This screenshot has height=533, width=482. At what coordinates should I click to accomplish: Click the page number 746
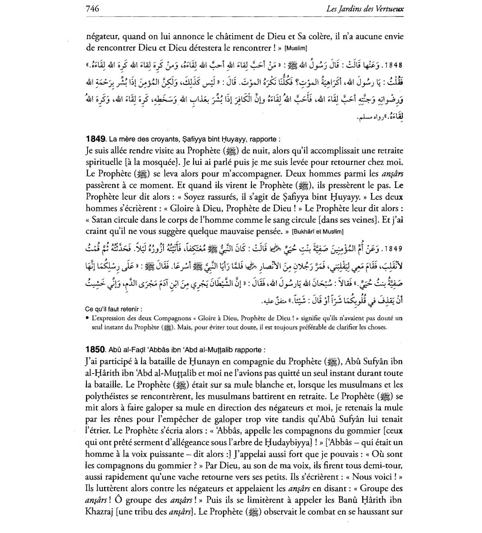pyautogui.click(x=92, y=8)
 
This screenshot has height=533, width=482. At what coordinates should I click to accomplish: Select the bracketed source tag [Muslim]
pyautogui.click(x=296, y=49)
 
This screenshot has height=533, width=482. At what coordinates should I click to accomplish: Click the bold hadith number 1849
pyautogui.click(x=95, y=139)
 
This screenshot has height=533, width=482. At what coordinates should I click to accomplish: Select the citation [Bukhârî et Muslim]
pyautogui.click(x=318, y=232)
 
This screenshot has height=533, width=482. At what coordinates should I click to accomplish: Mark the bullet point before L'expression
pyautogui.click(x=87, y=318)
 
